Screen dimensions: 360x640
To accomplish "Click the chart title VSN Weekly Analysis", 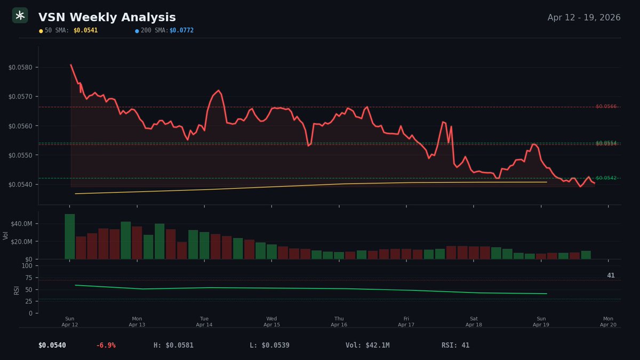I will (x=107, y=18).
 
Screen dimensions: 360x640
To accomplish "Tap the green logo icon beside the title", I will (x=20, y=16).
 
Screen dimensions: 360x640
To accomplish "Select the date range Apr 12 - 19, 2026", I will (x=583, y=18).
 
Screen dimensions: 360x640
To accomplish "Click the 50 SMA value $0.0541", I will (x=85, y=30).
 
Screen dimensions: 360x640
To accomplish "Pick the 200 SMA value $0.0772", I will (x=181, y=30).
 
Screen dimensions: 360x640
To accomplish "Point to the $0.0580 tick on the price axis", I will (x=20, y=67).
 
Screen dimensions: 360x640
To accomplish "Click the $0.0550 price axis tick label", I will (x=20, y=155).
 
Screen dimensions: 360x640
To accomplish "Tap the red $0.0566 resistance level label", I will (x=606, y=107).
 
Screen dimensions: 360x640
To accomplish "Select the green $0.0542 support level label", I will (x=606, y=178).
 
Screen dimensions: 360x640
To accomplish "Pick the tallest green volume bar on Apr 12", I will (x=69, y=236).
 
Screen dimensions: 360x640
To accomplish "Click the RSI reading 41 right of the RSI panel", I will (x=611, y=275).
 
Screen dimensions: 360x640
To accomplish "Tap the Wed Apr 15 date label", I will (x=271, y=322).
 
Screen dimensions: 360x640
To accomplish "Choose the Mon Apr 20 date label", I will (x=608, y=322).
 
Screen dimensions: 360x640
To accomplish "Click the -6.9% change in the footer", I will (x=106, y=345).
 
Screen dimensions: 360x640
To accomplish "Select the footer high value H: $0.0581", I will (x=173, y=345).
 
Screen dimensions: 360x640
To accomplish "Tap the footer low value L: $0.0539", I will (x=269, y=345).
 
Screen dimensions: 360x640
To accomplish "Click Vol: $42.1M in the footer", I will (x=367, y=345).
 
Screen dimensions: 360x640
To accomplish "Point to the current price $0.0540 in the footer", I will (x=52, y=345).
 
